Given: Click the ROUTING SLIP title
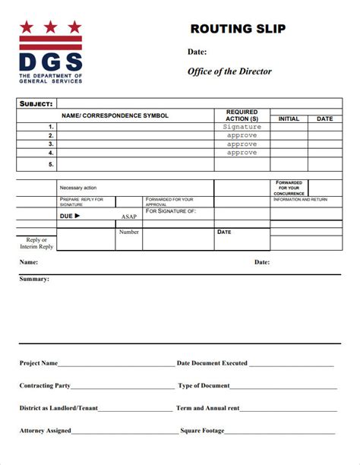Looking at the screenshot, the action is tap(238, 29).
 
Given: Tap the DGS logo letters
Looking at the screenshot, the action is tap(50, 61).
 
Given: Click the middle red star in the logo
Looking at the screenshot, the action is tap(50, 27).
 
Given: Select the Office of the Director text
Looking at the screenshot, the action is tap(229, 71).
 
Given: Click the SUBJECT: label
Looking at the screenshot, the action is tap(36, 103).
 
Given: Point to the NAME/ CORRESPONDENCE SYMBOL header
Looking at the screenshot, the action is tap(115, 115).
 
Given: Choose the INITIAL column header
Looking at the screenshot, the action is tap(289, 119).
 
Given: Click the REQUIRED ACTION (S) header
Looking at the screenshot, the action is tap(242, 115).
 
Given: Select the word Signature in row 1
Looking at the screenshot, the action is tap(242, 127).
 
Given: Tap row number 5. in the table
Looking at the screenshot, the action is tap(51, 164).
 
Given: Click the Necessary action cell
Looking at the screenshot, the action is tap(78, 188).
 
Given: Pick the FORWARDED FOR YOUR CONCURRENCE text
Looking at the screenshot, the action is tap(289, 188).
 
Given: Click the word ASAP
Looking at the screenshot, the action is tap(129, 217).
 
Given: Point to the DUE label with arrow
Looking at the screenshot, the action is tap(69, 216).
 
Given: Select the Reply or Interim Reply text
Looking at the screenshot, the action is tap(36, 243).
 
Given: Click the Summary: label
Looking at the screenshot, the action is tap(34, 279).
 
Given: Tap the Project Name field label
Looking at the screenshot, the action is tap(39, 363).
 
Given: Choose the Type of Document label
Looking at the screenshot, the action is tap(204, 386).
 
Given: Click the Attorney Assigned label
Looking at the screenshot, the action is tap(46, 431).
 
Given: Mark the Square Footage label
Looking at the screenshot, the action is tap(202, 431).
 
